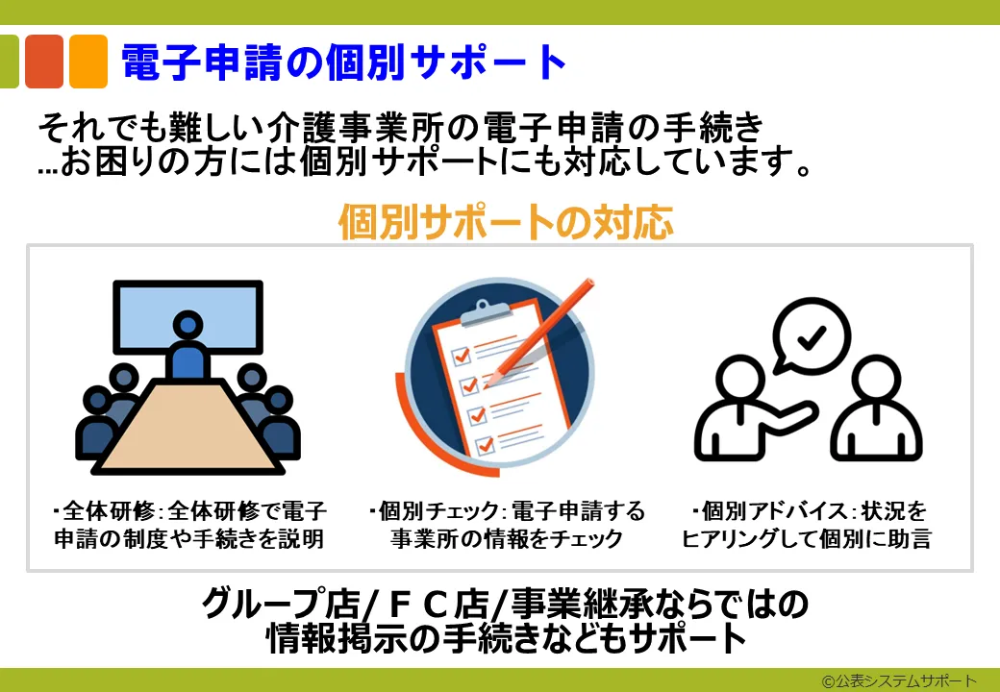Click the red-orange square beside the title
[x=44, y=62]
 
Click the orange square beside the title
[x=88, y=62]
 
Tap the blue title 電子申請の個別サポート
[x=344, y=62]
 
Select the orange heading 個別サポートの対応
[x=506, y=222]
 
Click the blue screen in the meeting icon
[x=187, y=317]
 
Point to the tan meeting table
[x=187, y=427]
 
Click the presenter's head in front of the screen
[x=187, y=325]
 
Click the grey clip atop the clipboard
[x=485, y=312]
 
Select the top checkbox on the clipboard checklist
[x=461, y=355]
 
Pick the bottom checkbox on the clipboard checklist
[x=485, y=444]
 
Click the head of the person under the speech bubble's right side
[x=876, y=379]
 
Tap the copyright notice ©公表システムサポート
[x=899, y=680]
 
